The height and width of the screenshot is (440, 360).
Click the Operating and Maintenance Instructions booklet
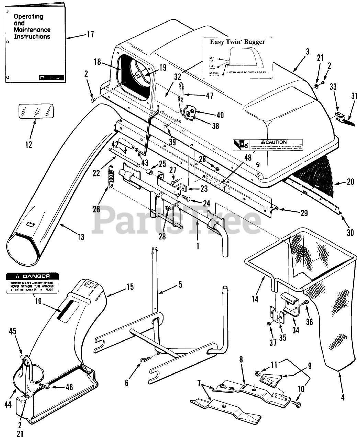pyautogui.click(x=34, y=41)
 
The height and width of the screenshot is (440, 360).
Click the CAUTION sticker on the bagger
pyautogui.click(x=268, y=144)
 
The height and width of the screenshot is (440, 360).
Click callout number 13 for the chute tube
pyautogui.click(x=81, y=237)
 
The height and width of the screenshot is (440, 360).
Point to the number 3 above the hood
pyautogui.click(x=307, y=52)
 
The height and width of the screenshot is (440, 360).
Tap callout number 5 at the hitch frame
pyautogui.click(x=180, y=285)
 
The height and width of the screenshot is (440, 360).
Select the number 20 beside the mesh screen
pyautogui.click(x=350, y=182)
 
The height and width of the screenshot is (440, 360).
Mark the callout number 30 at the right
pyautogui.click(x=350, y=233)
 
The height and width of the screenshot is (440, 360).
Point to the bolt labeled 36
pyautogui.click(x=305, y=303)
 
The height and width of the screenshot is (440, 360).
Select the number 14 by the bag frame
pyautogui.click(x=255, y=299)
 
